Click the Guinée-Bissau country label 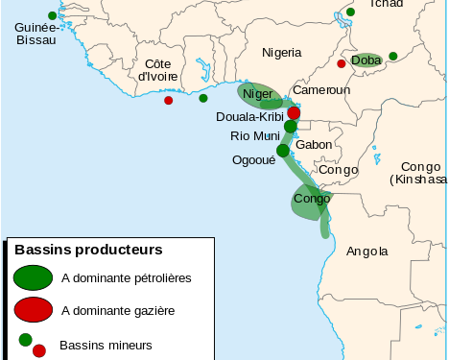coord(35,35)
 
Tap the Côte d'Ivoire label coord(159,69)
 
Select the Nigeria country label coord(282,52)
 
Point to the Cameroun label coord(321,89)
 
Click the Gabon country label coord(314,144)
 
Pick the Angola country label coord(367,252)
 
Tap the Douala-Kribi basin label coord(248,116)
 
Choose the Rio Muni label coord(254,135)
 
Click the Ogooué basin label coord(253,160)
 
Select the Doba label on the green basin coord(366,60)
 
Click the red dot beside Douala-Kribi coord(294,113)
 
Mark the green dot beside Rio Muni coord(291,127)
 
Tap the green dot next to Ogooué coord(283,151)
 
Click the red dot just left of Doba coord(342,64)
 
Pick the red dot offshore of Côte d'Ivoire coord(169,100)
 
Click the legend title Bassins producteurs coord(88,250)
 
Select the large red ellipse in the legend coord(33,309)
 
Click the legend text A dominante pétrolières coord(126,277)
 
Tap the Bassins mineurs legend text coord(106,344)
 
